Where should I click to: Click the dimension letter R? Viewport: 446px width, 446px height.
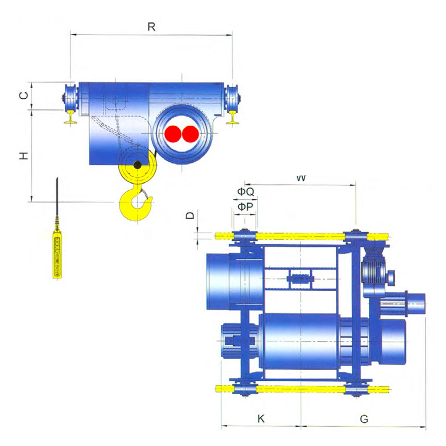pyautogui.click(x=152, y=27)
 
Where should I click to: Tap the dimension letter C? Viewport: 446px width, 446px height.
pyautogui.click(x=24, y=95)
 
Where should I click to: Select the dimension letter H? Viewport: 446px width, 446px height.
pyautogui.click(x=24, y=156)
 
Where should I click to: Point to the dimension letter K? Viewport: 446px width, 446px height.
pyautogui.click(x=261, y=419)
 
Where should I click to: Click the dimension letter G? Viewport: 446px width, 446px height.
pyautogui.click(x=364, y=419)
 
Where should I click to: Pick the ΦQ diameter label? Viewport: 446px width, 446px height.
pyautogui.click(x=246, y=192)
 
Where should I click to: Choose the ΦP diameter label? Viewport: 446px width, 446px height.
pyautogui.click(x=245, y=206)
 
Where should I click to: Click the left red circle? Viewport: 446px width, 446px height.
pyautogui.click(x=173, y=134)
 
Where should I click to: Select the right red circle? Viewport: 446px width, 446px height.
pyautogui.click(x=190, y=134)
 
